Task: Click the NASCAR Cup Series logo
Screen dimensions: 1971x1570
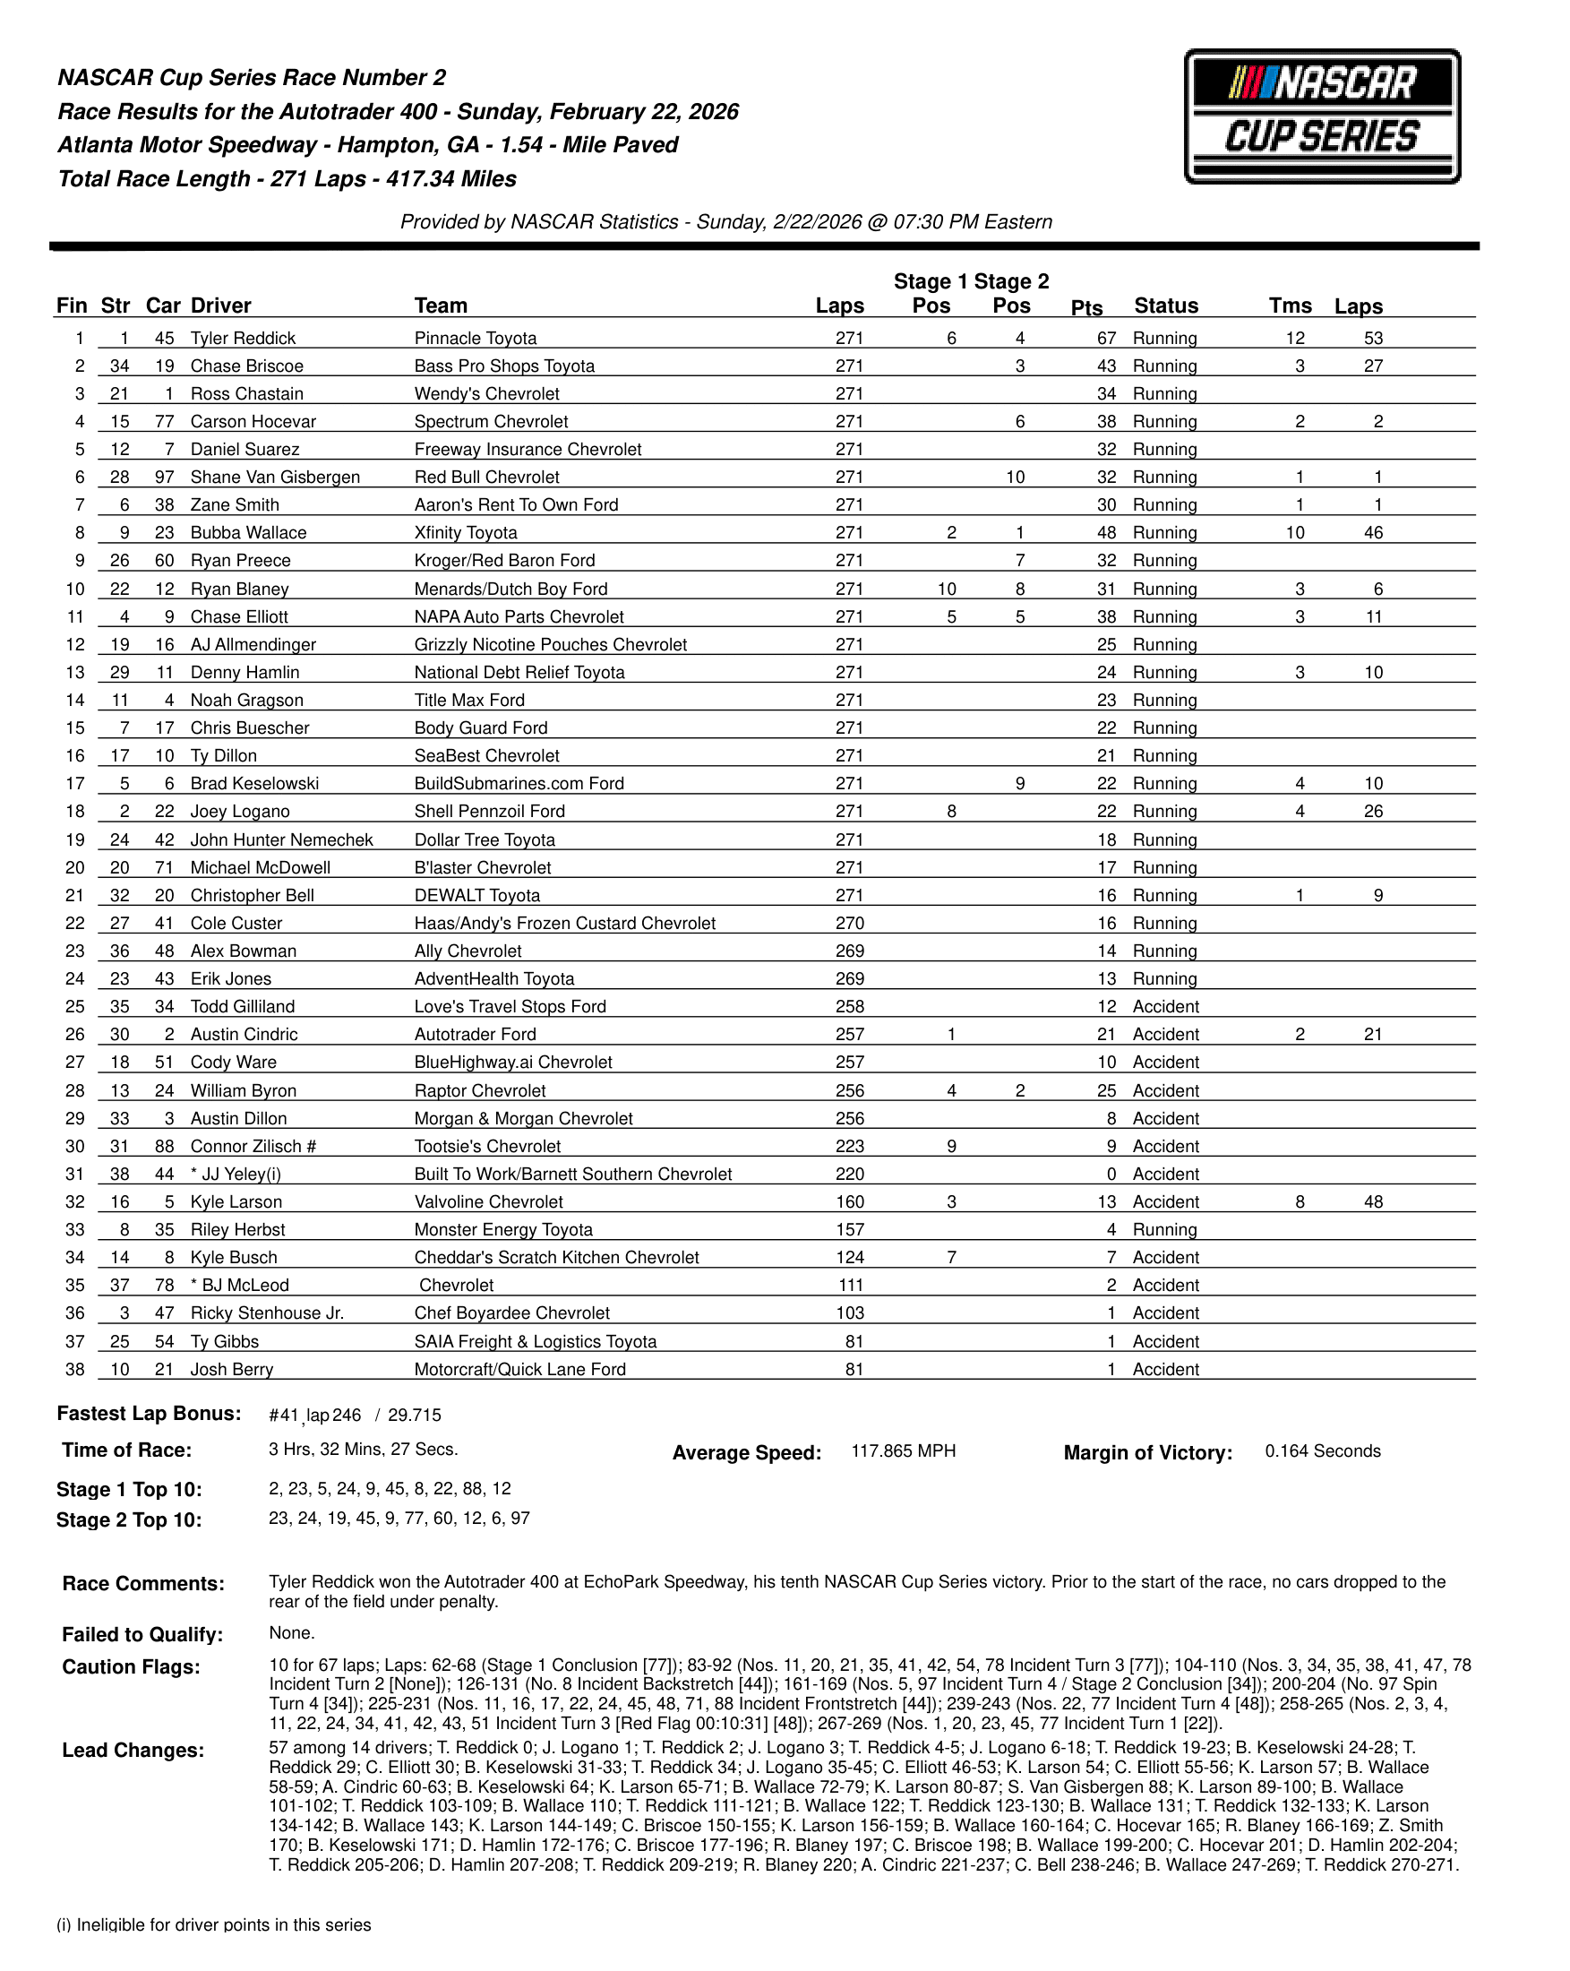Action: (x=1321, y=116)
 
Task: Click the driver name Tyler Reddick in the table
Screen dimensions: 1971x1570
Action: (x=243, y=339)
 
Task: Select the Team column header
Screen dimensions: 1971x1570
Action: (x=441, y=306)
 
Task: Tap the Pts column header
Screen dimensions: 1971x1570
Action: (x=1085, y=308)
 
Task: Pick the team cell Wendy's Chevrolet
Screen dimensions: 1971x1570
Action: (x=486, y=394)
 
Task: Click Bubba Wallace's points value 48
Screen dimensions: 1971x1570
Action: (x=1106, y=533)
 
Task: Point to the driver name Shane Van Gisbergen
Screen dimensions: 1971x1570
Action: (x=275, y=478)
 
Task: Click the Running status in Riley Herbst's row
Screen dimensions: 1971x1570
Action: (x=1164, y=1229)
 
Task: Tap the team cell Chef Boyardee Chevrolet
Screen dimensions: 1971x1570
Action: (x=510, y=1313)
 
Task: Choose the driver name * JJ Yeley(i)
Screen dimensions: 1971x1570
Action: (x=236, y=1174)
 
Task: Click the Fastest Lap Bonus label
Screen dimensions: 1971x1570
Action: (x=149, y=1414)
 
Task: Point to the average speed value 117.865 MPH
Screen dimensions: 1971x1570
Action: (x=903, y=1450)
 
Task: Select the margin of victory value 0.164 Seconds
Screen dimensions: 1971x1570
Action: (x=1321, y=1450)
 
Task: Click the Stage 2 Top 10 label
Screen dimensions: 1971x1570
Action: (x=129, y=1519)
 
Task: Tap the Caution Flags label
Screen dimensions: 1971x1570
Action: (x=131, y=1666)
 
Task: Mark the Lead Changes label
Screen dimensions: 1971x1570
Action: (x=133, y=1750)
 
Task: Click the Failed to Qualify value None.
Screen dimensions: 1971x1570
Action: (x=291, y=1632)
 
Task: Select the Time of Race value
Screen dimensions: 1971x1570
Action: (x=363, y=1449)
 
